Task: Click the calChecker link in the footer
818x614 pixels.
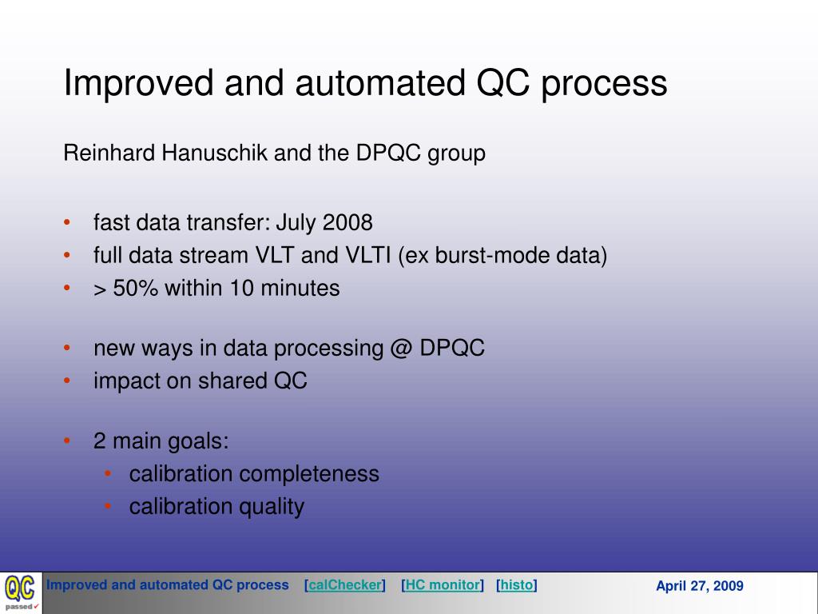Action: (x=345, y=584)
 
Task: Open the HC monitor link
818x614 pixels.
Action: (x=443, y=584)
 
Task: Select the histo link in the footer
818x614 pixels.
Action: (x=517, y=584)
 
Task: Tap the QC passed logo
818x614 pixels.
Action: (x=21, y=592)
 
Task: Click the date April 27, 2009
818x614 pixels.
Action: (x=700, y=586)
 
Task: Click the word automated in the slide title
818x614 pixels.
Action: (x=379, y=83)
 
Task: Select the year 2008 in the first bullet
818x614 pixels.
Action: (x=347, y=222)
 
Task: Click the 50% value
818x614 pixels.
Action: (x=135, y=288)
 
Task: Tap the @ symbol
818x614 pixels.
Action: (x=401, y=349)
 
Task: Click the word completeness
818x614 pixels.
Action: (x=309, y=474)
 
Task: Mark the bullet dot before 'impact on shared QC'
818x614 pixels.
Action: (x=67, y=381)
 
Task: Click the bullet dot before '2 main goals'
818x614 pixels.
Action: (x=67, y=441)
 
